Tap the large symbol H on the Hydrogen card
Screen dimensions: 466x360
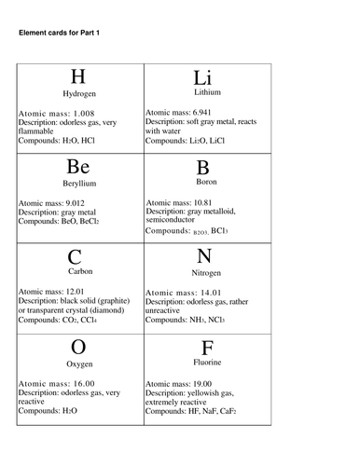[x=78, y=77]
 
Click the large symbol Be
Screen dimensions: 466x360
[x=78, y=168]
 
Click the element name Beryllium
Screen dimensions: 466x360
[x=79, y=185]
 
